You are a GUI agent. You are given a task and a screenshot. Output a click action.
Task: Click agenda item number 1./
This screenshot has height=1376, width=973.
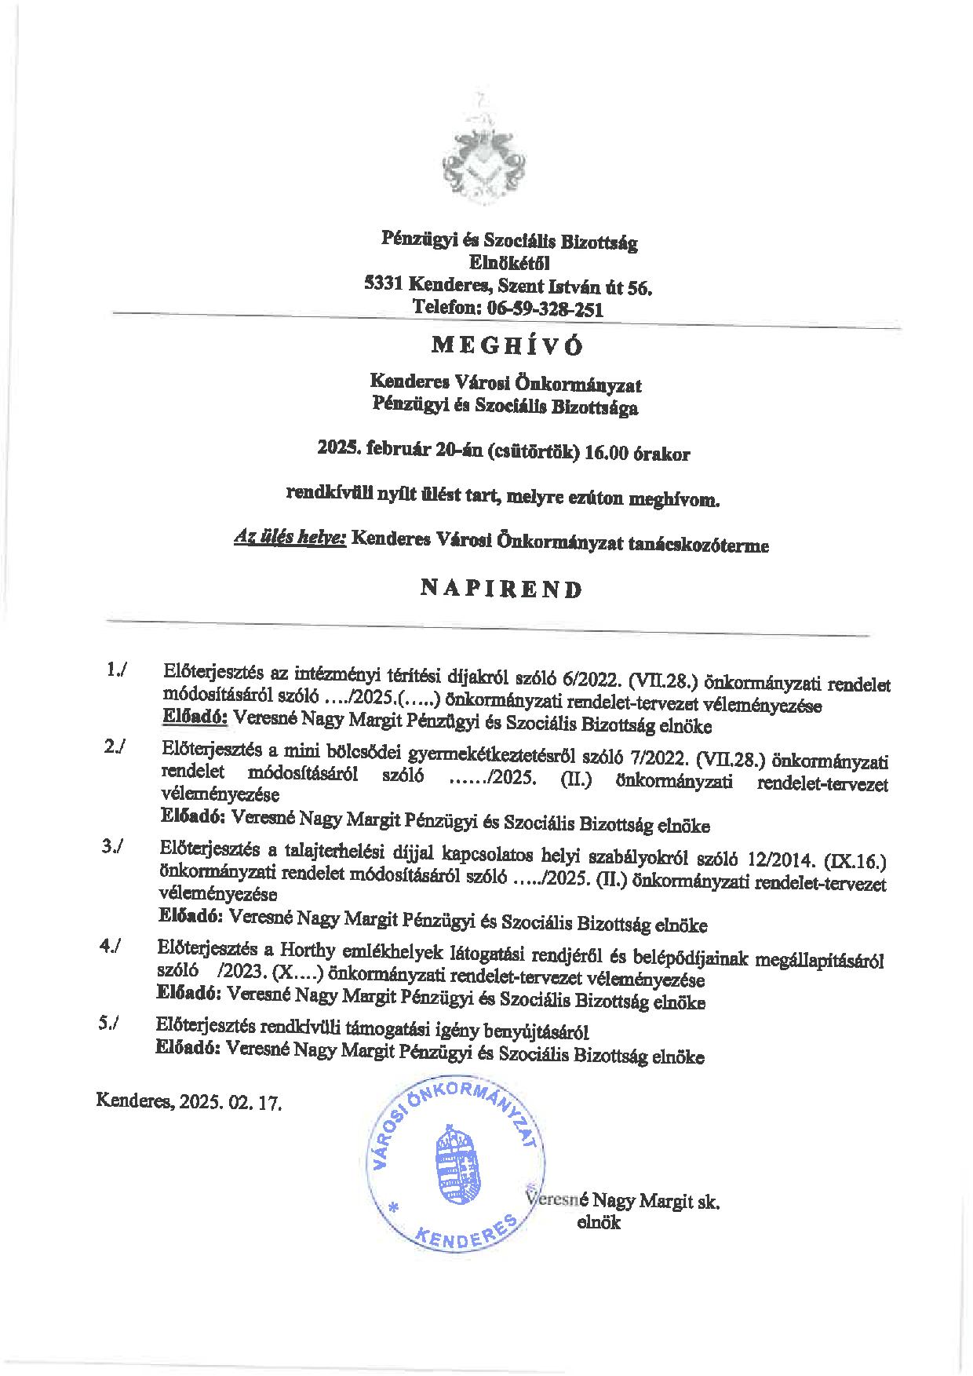(x=118, y=670)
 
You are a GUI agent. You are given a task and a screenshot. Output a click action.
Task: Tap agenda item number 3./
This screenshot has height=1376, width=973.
(x=114, y=848)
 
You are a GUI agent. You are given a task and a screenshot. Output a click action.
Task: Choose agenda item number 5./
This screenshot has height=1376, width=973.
(x=110, y=1024)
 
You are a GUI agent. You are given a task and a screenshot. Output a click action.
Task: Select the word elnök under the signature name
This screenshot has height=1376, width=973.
(x=598, y=1222)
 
